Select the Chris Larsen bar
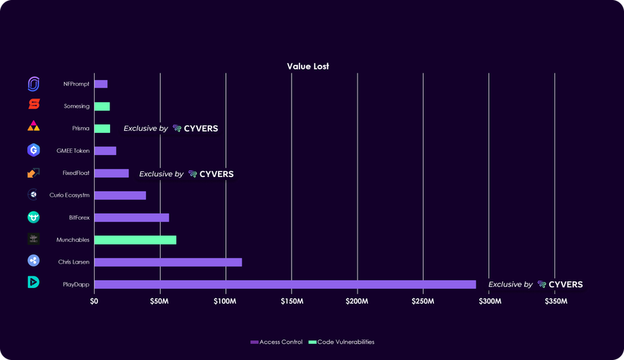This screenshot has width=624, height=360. pyautogui.click(x=168, y=262)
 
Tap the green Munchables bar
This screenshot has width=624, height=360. pyautogui.click(x=135, y=240)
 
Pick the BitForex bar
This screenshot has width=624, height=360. pyautogui.click(x=131, y=217)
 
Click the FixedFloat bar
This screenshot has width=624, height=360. pyautogui.click(x=112, y=173)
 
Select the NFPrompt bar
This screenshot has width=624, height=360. pyautogui.click(x=101, y=84)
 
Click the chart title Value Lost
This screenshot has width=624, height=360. pyautogui.click(x=308, y=66)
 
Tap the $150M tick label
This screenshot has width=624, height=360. pyautogui.click(x=291, y=301)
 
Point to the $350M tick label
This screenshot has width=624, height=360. pyautogui.click(x=555, y=301)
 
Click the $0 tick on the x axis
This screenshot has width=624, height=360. pyautogui.click(x=94, y=301)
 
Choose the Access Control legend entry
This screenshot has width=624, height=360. pyautogui.click(x=276, y=342)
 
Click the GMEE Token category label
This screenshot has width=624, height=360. pyautogui.click(x=73, y=151)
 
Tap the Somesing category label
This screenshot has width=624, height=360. pyautogui.click(x=76, y=106)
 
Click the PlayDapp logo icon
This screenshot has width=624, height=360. pyautogui.click(x=33, y=283)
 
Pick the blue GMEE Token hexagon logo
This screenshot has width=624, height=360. pyautogui.click(x=33, y=150)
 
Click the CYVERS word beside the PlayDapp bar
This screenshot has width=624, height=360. pyautogui.click(x=566, y=284)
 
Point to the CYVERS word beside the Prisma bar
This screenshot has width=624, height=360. pyautogui.click(x=201, y=129)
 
